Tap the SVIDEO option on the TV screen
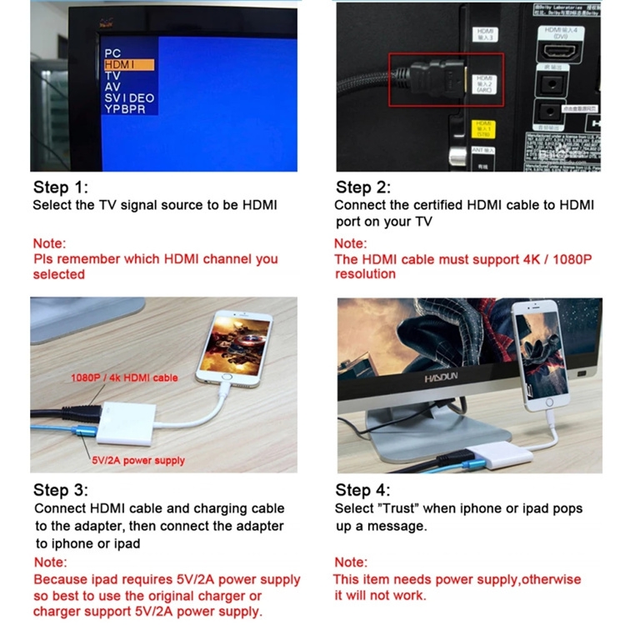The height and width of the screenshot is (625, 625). [129, 97]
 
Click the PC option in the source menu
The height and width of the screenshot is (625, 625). [112, 53]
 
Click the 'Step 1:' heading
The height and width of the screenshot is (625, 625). [60, 187]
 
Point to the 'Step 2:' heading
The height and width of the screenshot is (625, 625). [363, 187]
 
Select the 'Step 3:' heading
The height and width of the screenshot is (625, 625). [61, 489]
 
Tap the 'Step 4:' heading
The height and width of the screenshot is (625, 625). [362, 489]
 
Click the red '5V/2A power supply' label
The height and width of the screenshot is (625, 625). [138, 460]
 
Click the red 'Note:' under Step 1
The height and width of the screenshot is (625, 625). [49, 243]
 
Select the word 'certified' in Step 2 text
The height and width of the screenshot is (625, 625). [435, 205]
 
